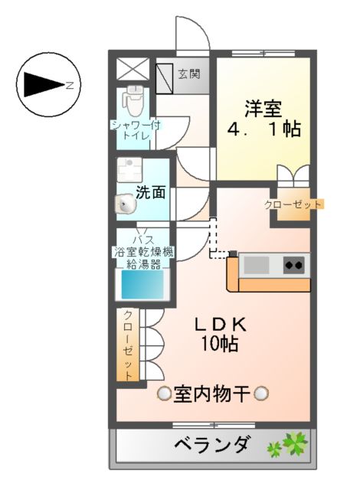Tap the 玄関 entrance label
tap(189, 74)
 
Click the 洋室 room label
tap(263, 108)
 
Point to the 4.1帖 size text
tap(263, 129)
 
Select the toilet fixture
tap(135, 97)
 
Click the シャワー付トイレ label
tap(136, 129)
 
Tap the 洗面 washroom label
tap(151, 192)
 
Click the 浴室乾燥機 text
tap(145, 251)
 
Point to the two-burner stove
tap(293, 266)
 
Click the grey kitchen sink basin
tap(257, 266)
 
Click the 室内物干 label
tap(212, 394)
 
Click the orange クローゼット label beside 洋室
tap(293, 204)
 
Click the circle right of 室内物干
tap(261, 394)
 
